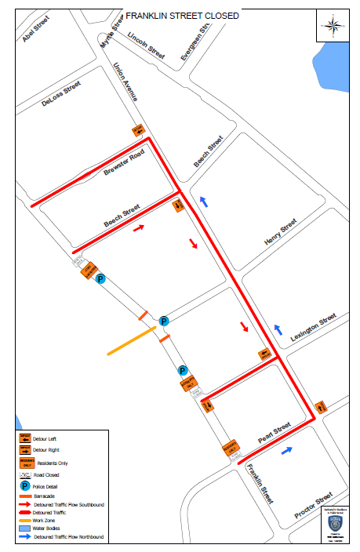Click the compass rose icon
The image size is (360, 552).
[x=331, y=27]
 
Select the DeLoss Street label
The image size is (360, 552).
[x=61, y=97]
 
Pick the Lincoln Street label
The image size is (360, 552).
[x=146, y=46]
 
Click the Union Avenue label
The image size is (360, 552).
[x=125, y=82]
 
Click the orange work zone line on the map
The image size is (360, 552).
[x=132, y=341]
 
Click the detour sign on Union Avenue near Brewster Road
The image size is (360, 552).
[x=138, y=129]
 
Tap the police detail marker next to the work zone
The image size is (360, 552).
[x=163, y=321]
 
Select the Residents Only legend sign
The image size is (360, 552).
[x=25, y=463]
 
